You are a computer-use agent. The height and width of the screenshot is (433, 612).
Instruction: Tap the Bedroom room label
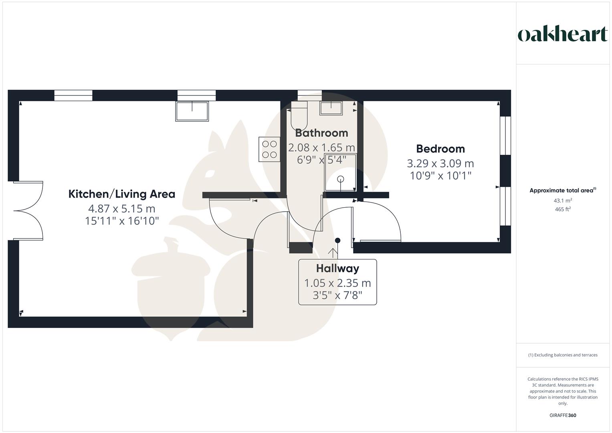click(x=440, y=149)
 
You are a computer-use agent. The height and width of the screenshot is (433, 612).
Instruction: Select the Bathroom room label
click(x=321, y=133)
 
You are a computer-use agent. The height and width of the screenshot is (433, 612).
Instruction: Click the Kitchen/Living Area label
click(x=121, y=194)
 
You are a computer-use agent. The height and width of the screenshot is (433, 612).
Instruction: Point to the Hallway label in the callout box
click(x=337, y=269)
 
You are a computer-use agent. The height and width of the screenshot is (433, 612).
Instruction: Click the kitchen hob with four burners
click(x=269, y=149)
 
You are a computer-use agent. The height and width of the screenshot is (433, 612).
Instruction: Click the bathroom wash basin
click(x=331, y=108)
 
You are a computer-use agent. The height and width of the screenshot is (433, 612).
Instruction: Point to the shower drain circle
click(x=340, y=179)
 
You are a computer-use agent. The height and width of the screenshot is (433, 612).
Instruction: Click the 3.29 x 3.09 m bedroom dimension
click(x=440, y=164)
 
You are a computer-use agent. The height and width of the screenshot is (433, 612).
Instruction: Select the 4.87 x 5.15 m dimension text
click(x=121, y=209)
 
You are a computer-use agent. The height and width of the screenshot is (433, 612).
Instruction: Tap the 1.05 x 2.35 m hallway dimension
click(x=337, y=283)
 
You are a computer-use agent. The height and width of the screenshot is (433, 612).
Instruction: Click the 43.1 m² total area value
click(x=563, y=200)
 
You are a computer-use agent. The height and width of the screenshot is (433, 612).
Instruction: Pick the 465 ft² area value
click(x=563, y=209)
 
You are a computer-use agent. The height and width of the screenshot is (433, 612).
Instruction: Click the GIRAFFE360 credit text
click(x=563, y=415)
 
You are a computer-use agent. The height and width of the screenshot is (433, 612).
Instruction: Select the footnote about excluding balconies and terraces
click(x=563, y=355)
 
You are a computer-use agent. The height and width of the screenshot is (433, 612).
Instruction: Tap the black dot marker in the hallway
click(x=338, y=240)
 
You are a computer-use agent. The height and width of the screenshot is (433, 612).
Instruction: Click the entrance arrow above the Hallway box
click(x=333, y=253)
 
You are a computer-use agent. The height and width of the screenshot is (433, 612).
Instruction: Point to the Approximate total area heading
click(x=563, y=190)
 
